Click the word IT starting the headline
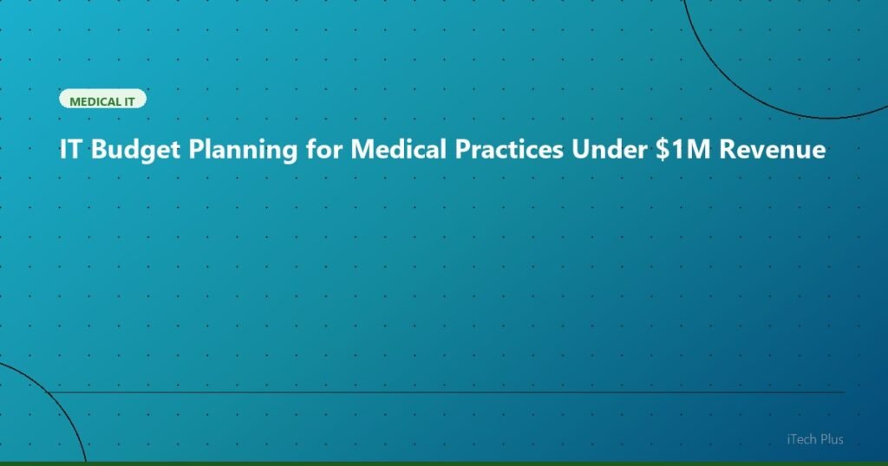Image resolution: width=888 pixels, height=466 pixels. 71,150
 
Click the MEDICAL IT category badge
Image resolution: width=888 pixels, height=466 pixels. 102,100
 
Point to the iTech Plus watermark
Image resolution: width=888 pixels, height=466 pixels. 811,439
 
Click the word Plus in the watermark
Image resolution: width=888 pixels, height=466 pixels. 830,439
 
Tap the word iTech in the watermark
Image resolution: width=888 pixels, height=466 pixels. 795,439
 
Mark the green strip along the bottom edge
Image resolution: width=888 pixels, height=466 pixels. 444,463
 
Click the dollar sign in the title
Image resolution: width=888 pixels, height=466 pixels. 663,150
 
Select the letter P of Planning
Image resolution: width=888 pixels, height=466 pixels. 194,150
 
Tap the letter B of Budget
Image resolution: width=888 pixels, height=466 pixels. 98,150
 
